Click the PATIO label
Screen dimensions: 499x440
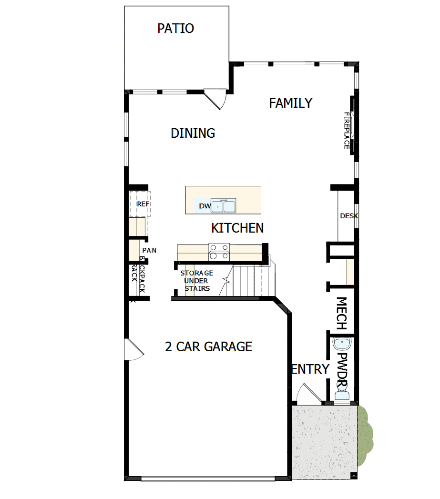pyautogui.click(x=175, y=29)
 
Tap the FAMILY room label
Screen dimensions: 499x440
pyautogui.click(x=290, y=103)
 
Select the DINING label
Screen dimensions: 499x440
pyautogui.click(x=193, y=133)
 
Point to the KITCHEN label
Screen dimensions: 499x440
pyautogui.click(x=237, y=228)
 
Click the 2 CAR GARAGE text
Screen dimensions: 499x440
pyautogui.click(x=208, y=346)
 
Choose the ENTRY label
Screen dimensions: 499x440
pyautogui.click(x=310, y=369)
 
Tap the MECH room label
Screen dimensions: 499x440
pyautogui.click(x=341, y=314)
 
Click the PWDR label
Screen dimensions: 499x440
pyautogui.click(x=342, y=366)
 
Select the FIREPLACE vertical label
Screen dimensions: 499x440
pyautogui.click(x=347, y=131)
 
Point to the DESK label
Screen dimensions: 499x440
pyautogui.click(x=348, y=216)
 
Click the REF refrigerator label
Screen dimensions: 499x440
pyautogui.click(x=143, y=204)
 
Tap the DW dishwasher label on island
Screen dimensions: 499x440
pyautogui.click(x=205, y=206)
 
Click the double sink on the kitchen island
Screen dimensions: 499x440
pyautogui.click(x=224, y=206)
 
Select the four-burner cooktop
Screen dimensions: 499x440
pyautogui.click(x=219, y=252)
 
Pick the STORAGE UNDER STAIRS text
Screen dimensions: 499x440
pyautogui.click(x=196, y=281)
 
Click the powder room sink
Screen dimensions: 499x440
pyautogui.click(x=342, y=343)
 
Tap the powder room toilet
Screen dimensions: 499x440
pyautogui.click(x=342, y=394)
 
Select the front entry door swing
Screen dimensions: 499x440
pyautogui.click(x=304, y=395)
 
